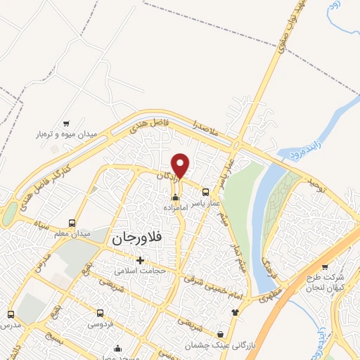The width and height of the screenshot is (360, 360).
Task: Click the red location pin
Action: (x=181, y=165)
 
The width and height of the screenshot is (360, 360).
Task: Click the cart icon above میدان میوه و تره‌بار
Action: (x=66, y=122)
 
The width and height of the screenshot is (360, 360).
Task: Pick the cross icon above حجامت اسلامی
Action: (x=141, y=260)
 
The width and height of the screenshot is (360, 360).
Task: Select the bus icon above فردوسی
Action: (x=101, y=314)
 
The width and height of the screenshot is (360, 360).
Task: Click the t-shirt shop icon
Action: (x=235, y=312)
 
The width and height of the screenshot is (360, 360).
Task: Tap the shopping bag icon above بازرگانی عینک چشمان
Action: (x=221, y=334)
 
